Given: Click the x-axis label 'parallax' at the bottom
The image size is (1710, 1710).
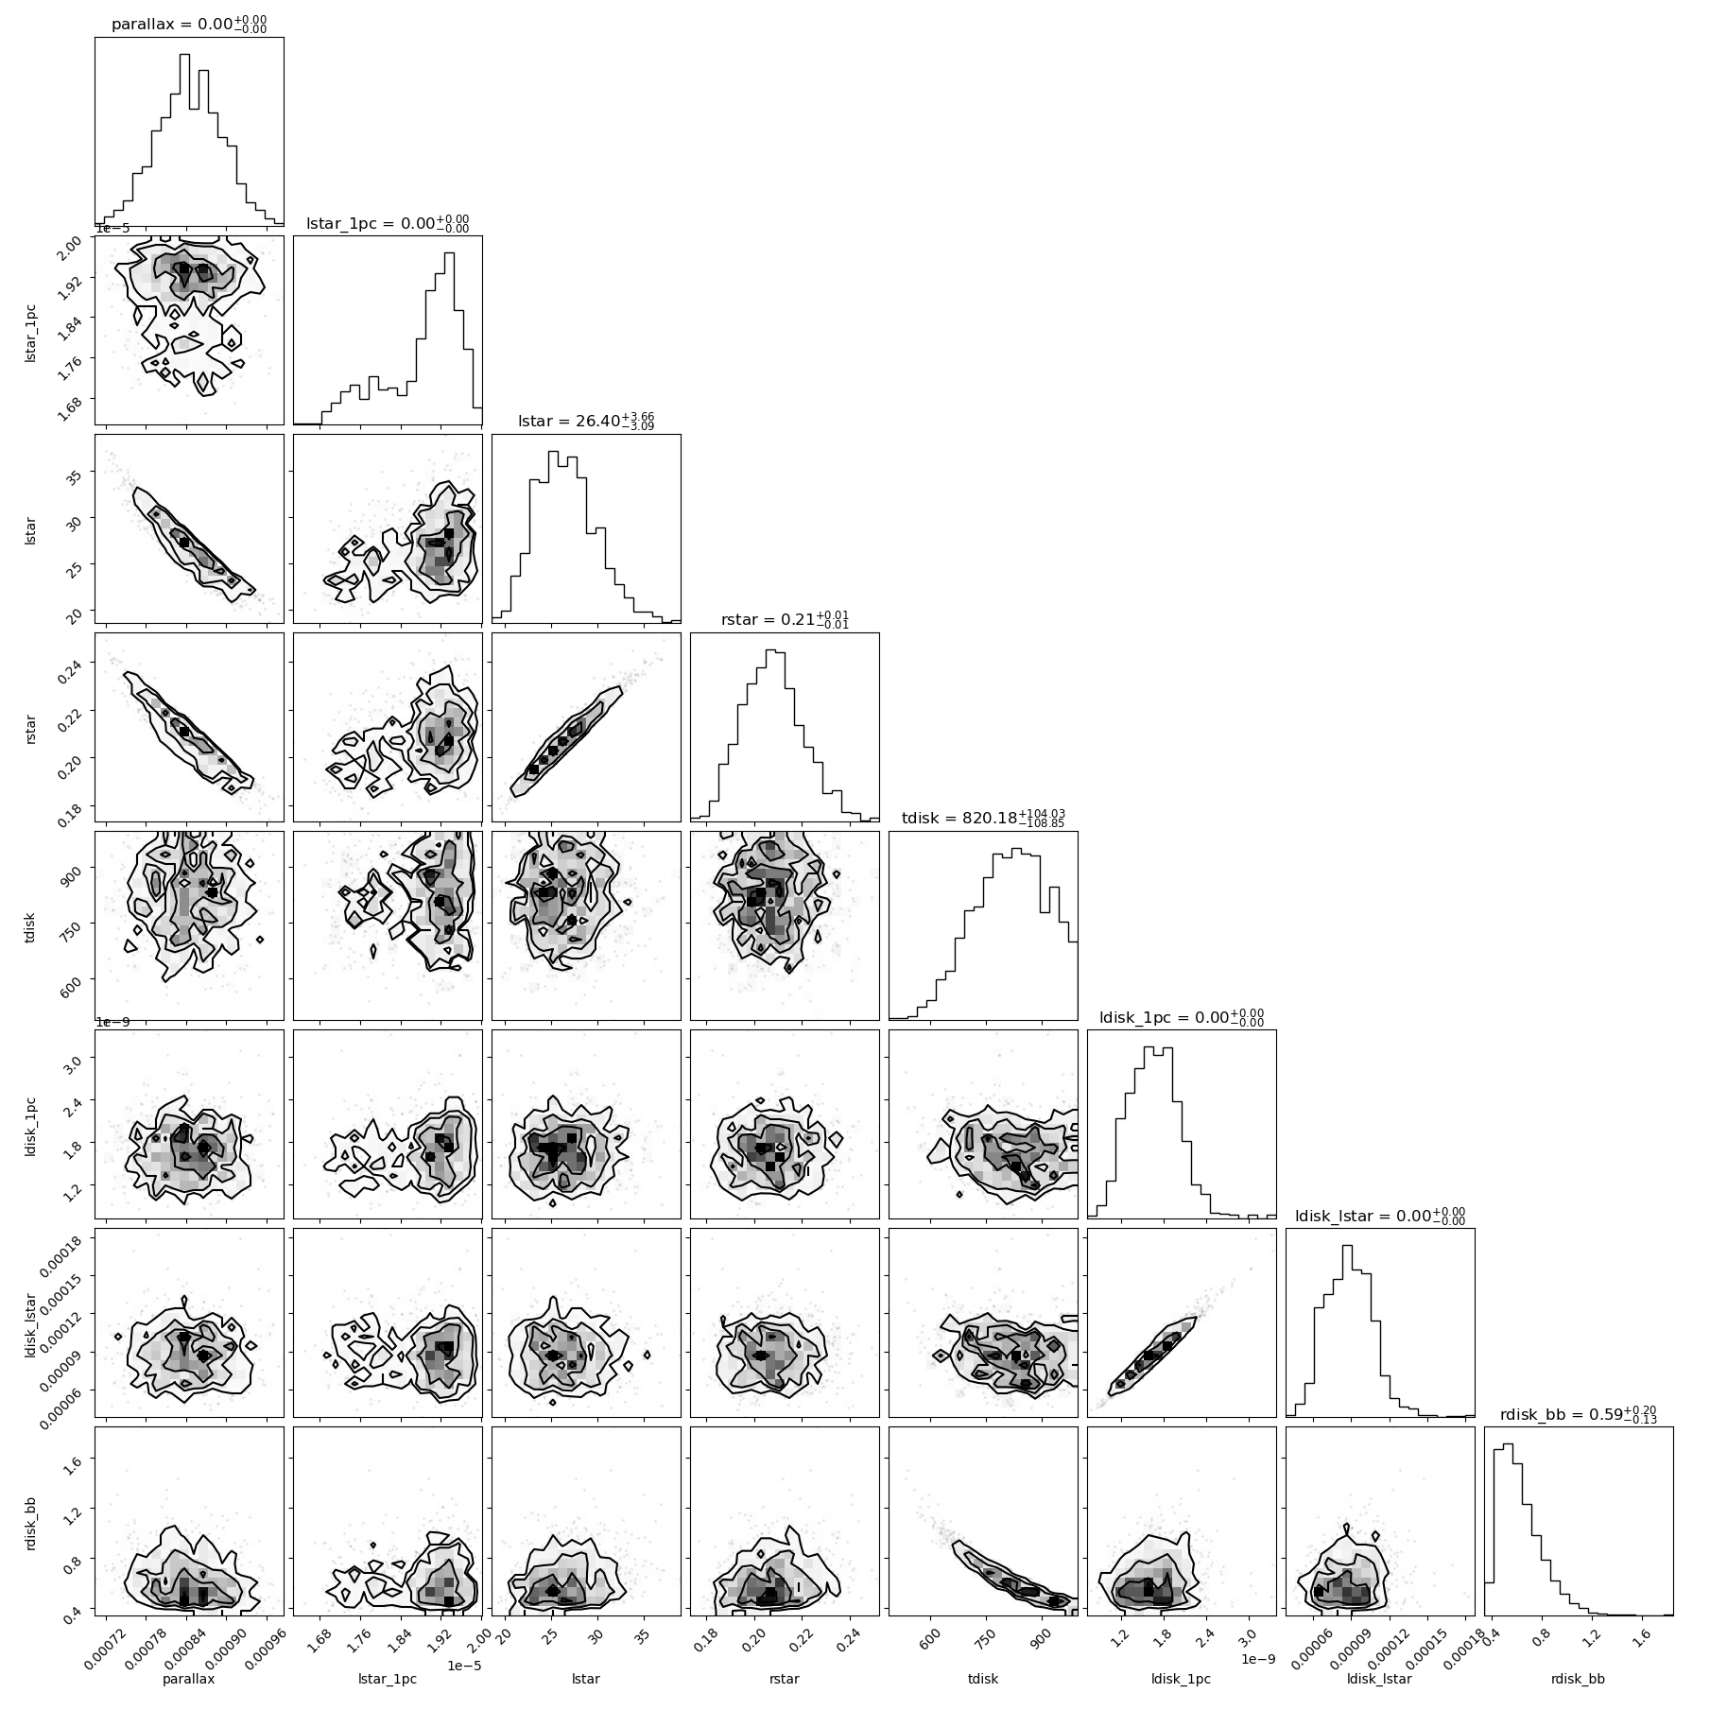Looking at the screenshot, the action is pos(189,1679).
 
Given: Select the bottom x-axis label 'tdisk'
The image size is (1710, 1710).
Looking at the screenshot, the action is pos(983,1679).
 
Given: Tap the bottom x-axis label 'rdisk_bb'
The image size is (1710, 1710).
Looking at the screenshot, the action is pos(1579,1679).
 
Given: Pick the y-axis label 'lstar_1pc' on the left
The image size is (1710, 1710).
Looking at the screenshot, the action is pos(32,331).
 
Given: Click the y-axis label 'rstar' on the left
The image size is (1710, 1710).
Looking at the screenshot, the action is pos(32,727).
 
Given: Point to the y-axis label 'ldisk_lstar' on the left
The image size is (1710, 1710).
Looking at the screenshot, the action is pos(32,1321).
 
